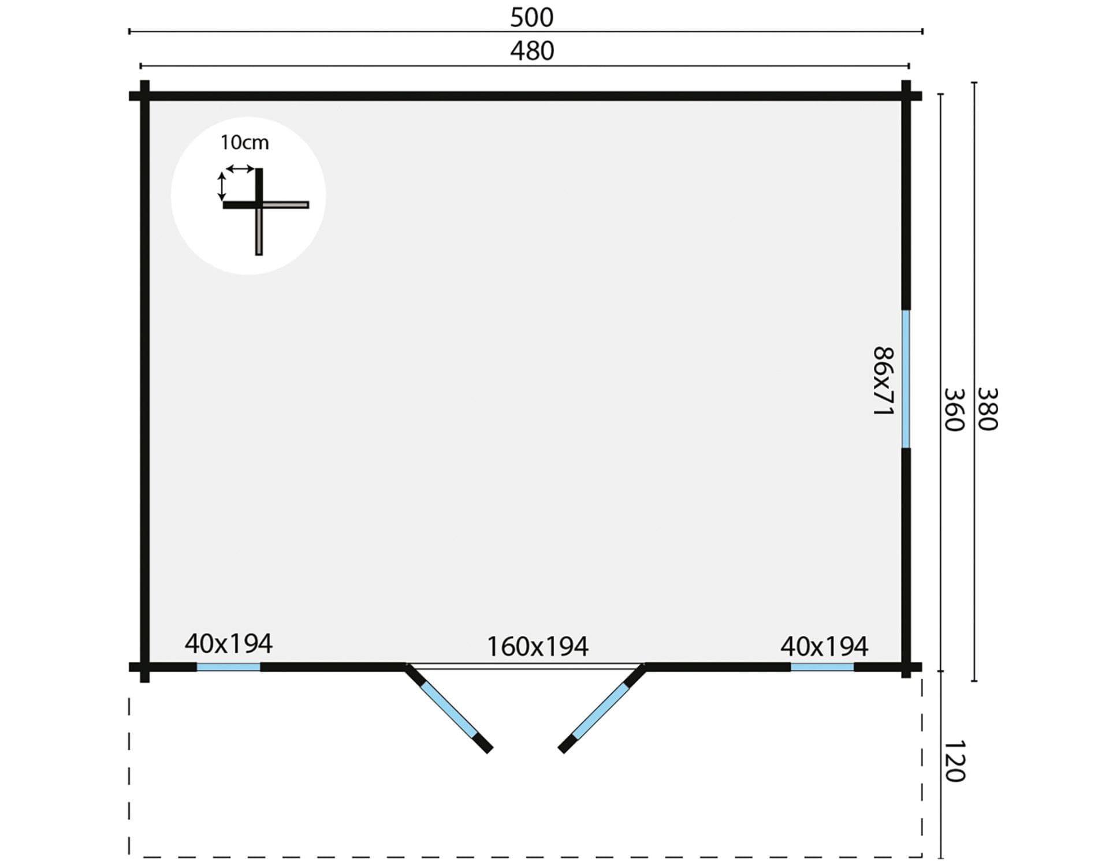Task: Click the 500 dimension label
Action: coord(531,18)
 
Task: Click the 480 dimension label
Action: coord(531,51)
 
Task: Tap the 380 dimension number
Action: coord(988,409)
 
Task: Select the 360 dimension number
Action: coord(954,409)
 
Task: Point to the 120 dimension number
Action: coord(954,761)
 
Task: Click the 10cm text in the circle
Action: coord(244,143)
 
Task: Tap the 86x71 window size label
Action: coord(883,381)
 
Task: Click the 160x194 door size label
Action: coord(538,647)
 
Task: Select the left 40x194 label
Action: coord(228,643)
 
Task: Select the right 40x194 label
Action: coord(824,647)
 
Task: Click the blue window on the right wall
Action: coord(906,379)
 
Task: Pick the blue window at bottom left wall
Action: coord(228,667)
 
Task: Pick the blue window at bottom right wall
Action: coord(822,667)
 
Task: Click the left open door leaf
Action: coord(449,709)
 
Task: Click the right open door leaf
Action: coord(602,709)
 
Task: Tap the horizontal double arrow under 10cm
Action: coord(240,169)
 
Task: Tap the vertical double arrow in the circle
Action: coord(221,186)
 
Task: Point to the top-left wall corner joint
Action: coord(144,96)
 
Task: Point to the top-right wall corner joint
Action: coord(906,96)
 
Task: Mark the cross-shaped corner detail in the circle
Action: coord(259,204)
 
